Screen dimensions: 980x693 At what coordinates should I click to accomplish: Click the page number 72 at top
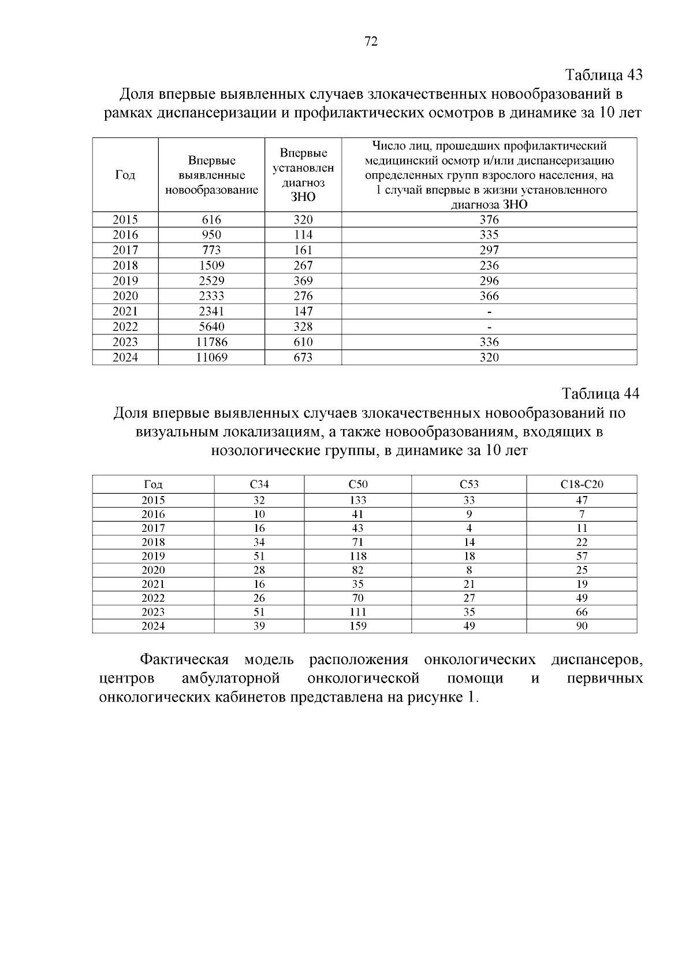pyautogui.click(x=371, y=42)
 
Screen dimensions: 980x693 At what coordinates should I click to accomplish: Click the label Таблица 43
pyautogui.click(x=603, y=75)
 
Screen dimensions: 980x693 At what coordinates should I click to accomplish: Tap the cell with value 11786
pyautogui.click(x=211, y=342)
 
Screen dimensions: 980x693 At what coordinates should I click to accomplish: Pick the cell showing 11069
pyautogui.click(x=211, y=357)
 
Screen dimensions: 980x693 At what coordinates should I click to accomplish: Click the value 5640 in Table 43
pyautogui.click(x=211, y=327)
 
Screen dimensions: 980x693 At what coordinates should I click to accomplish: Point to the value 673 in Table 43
pyautogui.click(x=303, y=357)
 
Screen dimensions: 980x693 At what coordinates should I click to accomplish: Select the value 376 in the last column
pyautogui.click(x=489, y=219)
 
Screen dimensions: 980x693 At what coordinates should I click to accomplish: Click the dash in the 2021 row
pyautogui.click(x=489, y=312)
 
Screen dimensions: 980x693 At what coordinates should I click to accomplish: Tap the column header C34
pyautogui.click(x=259, y=485)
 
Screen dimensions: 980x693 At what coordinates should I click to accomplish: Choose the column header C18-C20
pyautogui.click(x=582, y=485)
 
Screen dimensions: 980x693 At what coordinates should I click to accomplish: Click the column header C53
pyautogui.click(x=469, y=485)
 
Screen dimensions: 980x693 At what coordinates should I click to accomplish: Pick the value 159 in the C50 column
pyautogui.click(x=358, y=626)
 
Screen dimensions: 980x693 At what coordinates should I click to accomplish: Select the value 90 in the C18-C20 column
pyautogui.click(x=582, y=626)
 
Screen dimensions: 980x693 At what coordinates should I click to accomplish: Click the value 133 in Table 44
pyautogui.click(x=358, y=500)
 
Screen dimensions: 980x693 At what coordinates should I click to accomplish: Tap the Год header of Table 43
pyautogui.click(x=125, y=175)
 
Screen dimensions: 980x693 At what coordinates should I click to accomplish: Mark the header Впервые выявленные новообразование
pyautogui.click(x=211, y=175)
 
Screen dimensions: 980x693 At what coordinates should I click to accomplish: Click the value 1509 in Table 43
pyautogui.click(x=211, y=266)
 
